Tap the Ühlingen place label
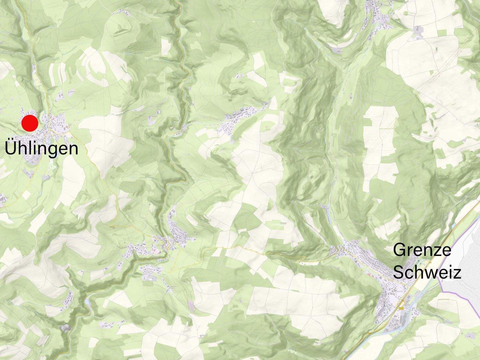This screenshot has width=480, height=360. click(x=42, y=149)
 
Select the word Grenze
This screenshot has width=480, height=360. click(x=422, y=250)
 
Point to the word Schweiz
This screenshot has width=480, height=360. click(x=427, y=273)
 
